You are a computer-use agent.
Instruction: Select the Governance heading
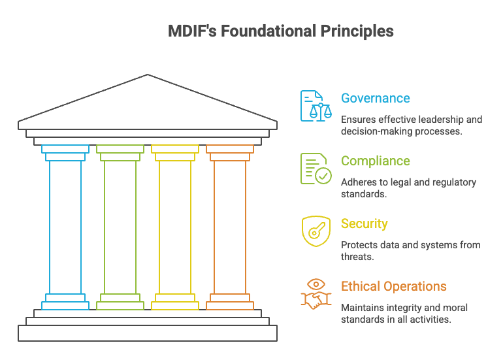point(376,99)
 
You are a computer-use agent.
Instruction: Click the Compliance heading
point(376,161)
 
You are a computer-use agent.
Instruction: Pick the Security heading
point(365,224)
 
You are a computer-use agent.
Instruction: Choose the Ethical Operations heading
point(394,287)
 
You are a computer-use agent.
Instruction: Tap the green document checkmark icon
point(316,169)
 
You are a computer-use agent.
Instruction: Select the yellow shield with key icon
point(316,231)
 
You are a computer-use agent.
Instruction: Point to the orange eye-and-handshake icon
point(316,293)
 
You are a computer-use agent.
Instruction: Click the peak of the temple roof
point(148,76)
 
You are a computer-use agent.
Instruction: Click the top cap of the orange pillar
point(230,149)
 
